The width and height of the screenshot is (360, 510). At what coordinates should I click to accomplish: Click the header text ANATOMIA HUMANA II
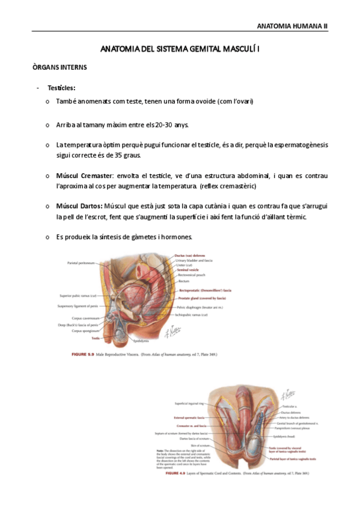(x=292, y=26)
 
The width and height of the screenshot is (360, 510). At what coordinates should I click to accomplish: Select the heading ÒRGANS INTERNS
(x=59, y=67)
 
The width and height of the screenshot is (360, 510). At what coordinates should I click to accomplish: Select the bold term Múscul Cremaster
(x=84, y=176)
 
